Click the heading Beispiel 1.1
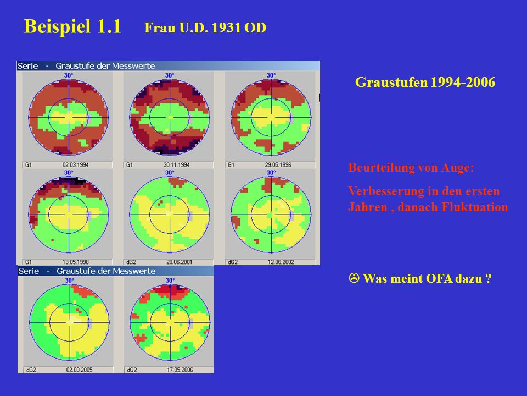tap(72, 26)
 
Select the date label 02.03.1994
tap(75, 165)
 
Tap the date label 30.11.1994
tap(176, 165)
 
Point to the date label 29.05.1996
tap(278, 165)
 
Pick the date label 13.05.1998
tap(75, 262)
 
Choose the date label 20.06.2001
tap(179, 262)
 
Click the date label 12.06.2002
tap(281, 262)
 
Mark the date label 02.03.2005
tap(79, 370)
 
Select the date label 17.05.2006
tap(180, 370)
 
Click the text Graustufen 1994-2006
tap(425, 82)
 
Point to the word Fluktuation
tap(474, 207)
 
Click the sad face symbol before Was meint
tap(354, 278)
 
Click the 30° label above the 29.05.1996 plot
tap(271, 75)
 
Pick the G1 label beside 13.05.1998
tap(28, 262)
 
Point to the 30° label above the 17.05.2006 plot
tap(170, 280)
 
